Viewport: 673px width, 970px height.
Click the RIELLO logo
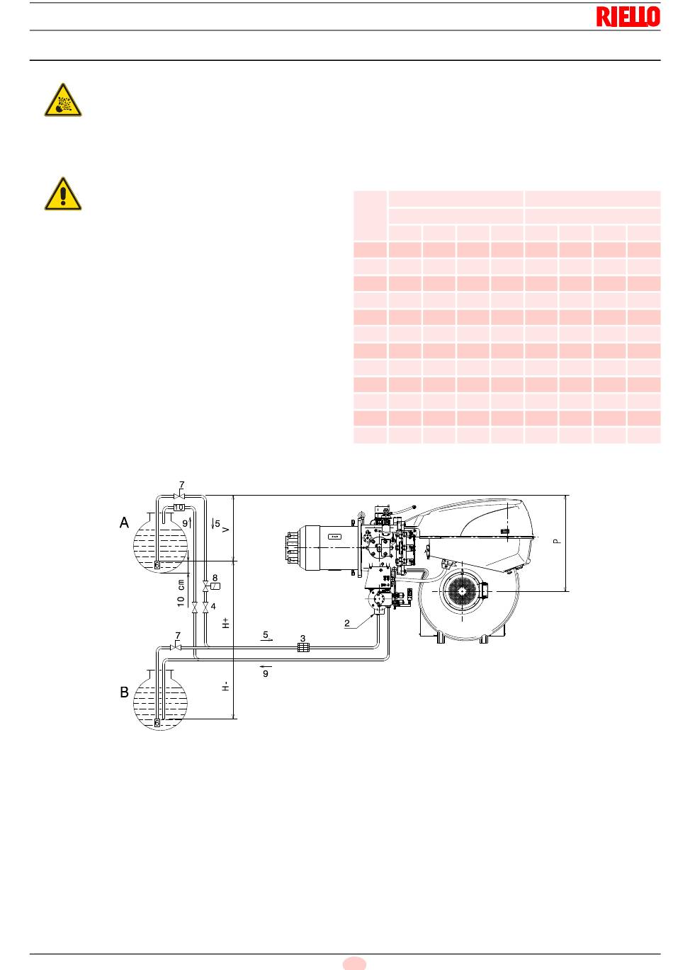coord(628,16)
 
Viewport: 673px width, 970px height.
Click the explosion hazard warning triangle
coord(63,100)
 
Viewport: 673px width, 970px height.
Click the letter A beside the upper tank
coord(124,523)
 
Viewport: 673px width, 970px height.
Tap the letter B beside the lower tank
coord(124,692)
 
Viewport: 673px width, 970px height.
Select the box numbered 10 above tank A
coord(179,507)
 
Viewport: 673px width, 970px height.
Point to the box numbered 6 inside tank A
coord(157,565)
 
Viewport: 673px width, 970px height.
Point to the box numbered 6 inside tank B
coord(157,723)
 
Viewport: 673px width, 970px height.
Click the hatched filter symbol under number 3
coord(303,647)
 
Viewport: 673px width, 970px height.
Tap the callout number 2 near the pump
coord(346,624)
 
